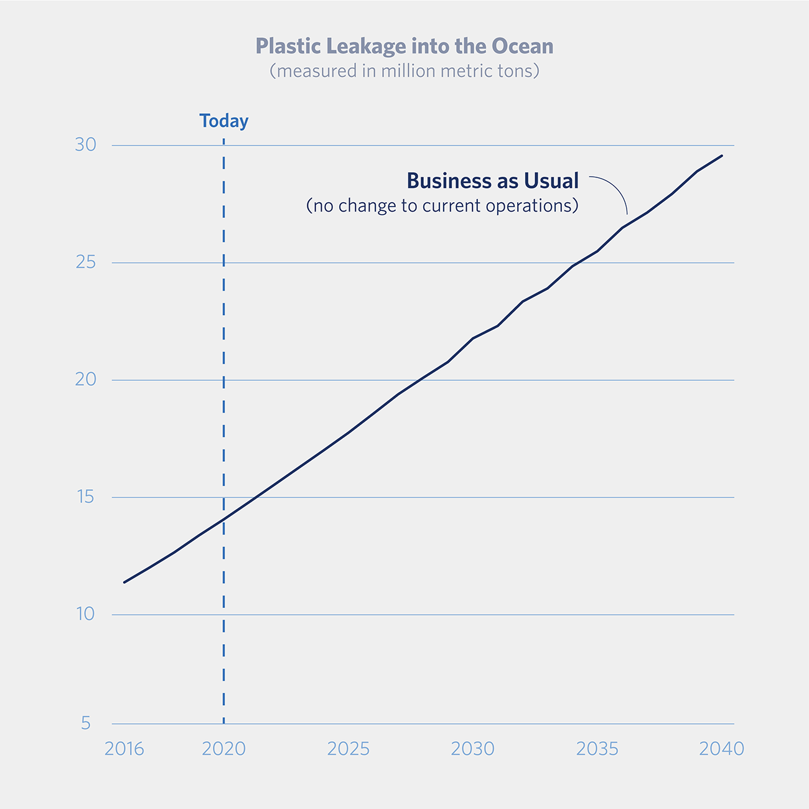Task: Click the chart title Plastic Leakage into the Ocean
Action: [x=404, y=47]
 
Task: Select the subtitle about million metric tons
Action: [x=404, y=71]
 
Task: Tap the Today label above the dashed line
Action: [x=223, y=121]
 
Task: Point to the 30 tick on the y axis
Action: [x=86, y=145]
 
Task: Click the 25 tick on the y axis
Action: [x=86, y=263]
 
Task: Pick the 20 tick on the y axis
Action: [x=86, y=380]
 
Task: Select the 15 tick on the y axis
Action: [x=86, y=497]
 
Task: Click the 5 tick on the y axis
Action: [x=86, y=723]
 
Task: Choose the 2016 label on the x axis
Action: [x=124, y=749]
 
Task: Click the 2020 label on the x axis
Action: [x=223, y=749]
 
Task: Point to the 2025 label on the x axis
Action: [x=348, y=749]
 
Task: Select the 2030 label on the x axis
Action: [x=473, y=749]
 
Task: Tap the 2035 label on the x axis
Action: [x=597, y=749]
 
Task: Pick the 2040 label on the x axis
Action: [x=722, y=749]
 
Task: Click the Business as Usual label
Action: [x=492, y=181]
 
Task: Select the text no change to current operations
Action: [x=442, y=206]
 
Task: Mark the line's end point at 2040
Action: [x=722, y=156]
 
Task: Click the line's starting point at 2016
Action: [x=124, y=582]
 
